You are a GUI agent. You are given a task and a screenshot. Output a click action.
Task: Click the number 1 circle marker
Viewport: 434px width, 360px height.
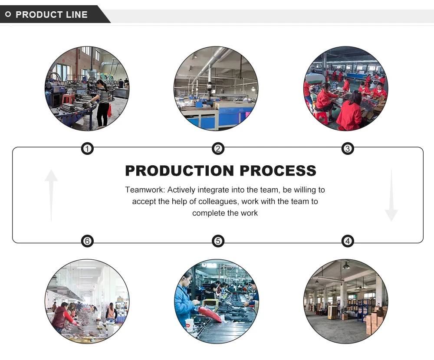click(x=88, y=149)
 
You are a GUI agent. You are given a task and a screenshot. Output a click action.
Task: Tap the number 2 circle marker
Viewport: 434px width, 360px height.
click(x=218, y=149)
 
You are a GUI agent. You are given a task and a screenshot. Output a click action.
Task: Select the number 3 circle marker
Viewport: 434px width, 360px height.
click(x=348, y=149)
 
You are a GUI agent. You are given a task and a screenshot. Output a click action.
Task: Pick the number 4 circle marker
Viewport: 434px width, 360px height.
click(x=348, y=241)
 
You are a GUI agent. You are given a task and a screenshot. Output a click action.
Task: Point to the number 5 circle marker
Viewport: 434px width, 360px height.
click(x=218, y=241)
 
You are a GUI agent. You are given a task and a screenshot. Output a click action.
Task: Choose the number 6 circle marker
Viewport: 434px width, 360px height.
click(x=88, y=241)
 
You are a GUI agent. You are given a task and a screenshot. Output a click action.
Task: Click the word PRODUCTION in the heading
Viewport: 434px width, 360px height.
click(x=179, y=171)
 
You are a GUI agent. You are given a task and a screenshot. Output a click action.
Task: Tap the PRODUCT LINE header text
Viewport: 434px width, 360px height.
click(x=52, y=15)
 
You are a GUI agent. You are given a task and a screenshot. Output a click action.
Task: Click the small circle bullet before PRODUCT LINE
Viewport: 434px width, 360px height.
click(x=8, y=15)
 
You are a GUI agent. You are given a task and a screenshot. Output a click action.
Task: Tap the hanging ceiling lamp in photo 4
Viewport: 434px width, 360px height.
click(x=346, y=265)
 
